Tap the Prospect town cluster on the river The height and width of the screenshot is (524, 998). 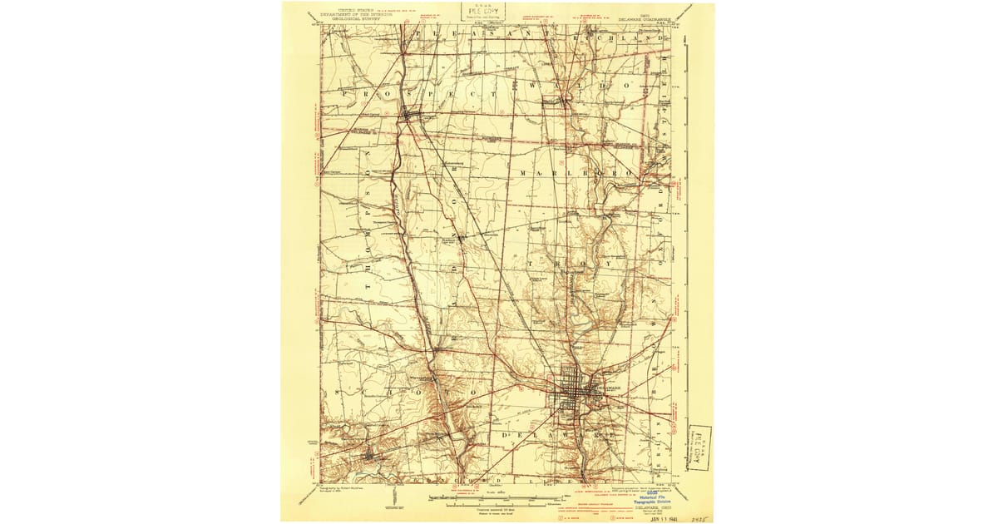410,115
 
